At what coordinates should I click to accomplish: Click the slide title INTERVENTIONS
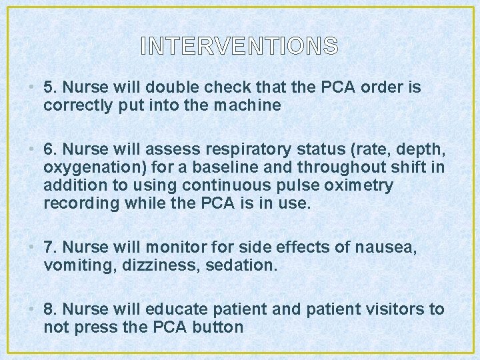pyautogui.click(x=240, y=46)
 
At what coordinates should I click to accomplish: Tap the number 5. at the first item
pyautogui.click(x=49, y=87)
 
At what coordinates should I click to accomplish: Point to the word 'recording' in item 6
pyautogui.click(x=76, y=203)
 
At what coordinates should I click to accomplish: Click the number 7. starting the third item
pyautogui.click(x=49, y=248)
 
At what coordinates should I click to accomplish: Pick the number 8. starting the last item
pyautogui.click(x=49, y=309)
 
